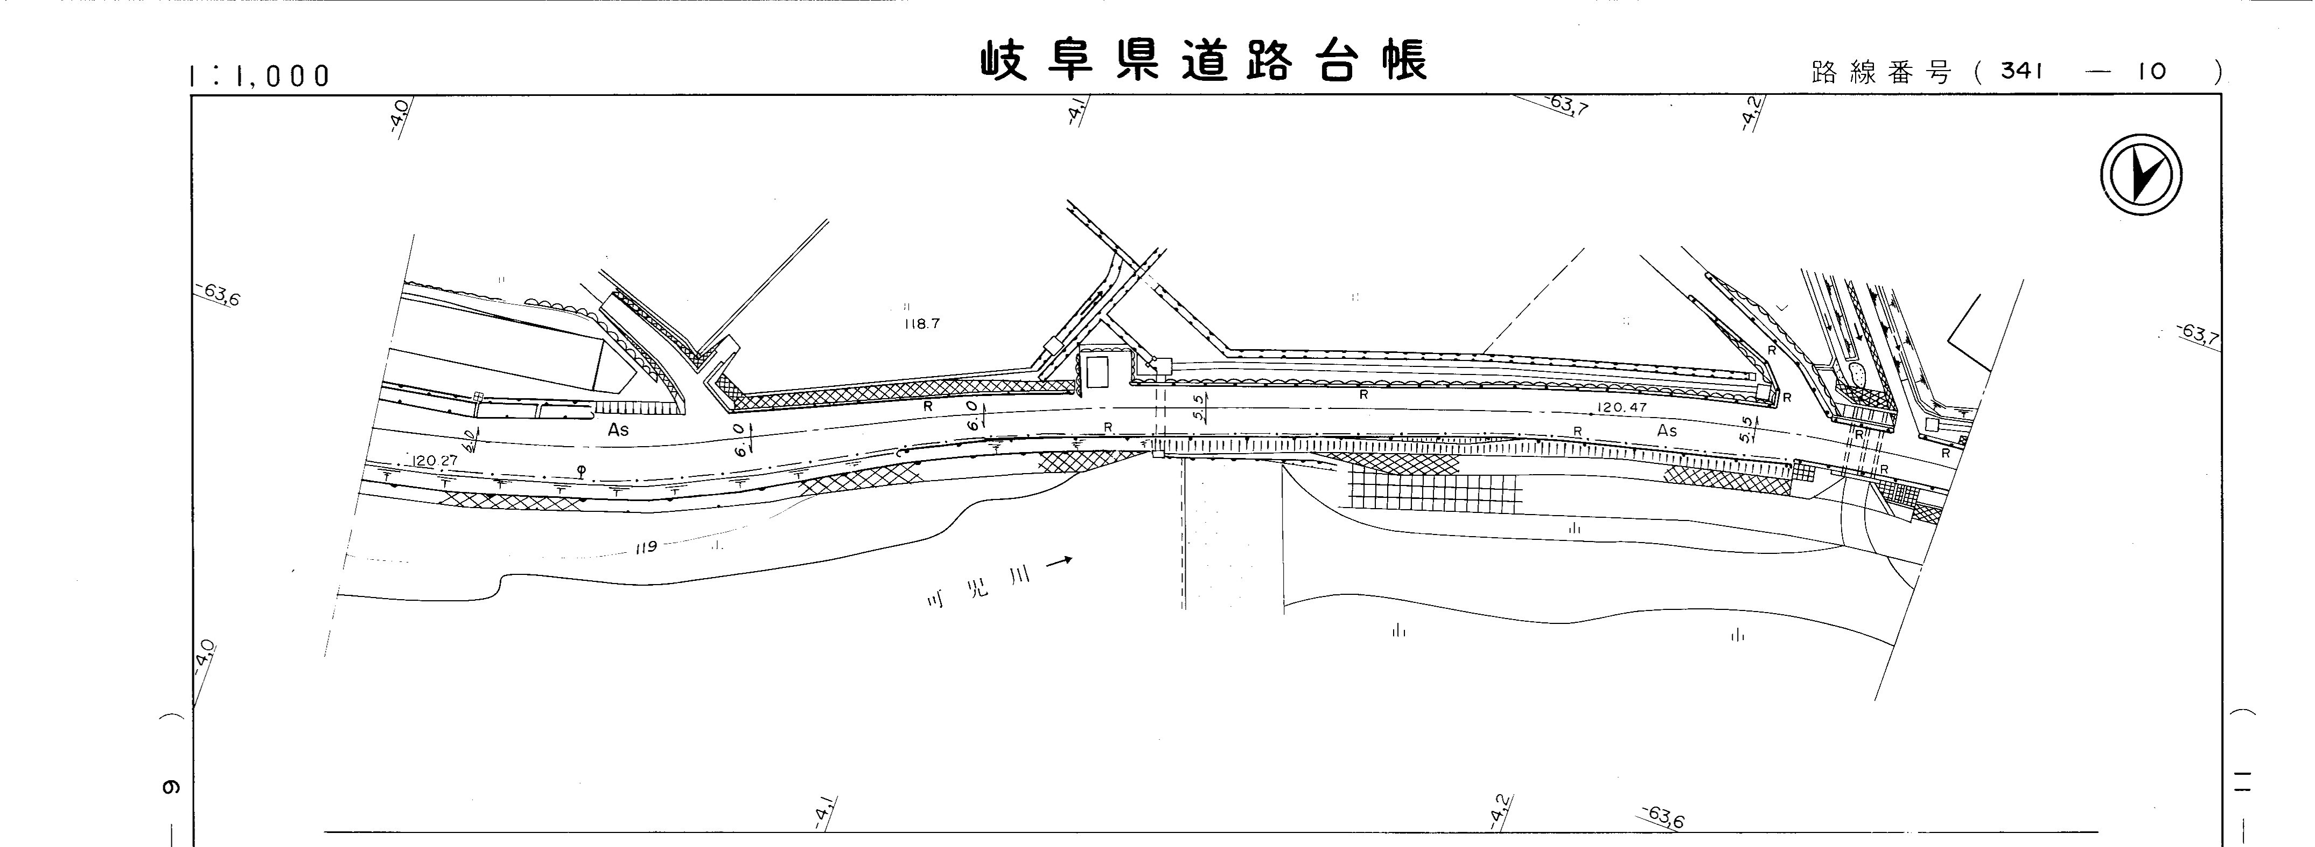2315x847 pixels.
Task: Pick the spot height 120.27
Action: tap(435, 460)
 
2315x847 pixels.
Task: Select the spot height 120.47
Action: tap(1622, 407)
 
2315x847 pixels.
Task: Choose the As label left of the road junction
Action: tap(618, 430)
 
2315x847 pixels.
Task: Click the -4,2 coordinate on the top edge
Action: tap(1752, 113)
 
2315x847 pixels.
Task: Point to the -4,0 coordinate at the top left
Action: tap(401, 115)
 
